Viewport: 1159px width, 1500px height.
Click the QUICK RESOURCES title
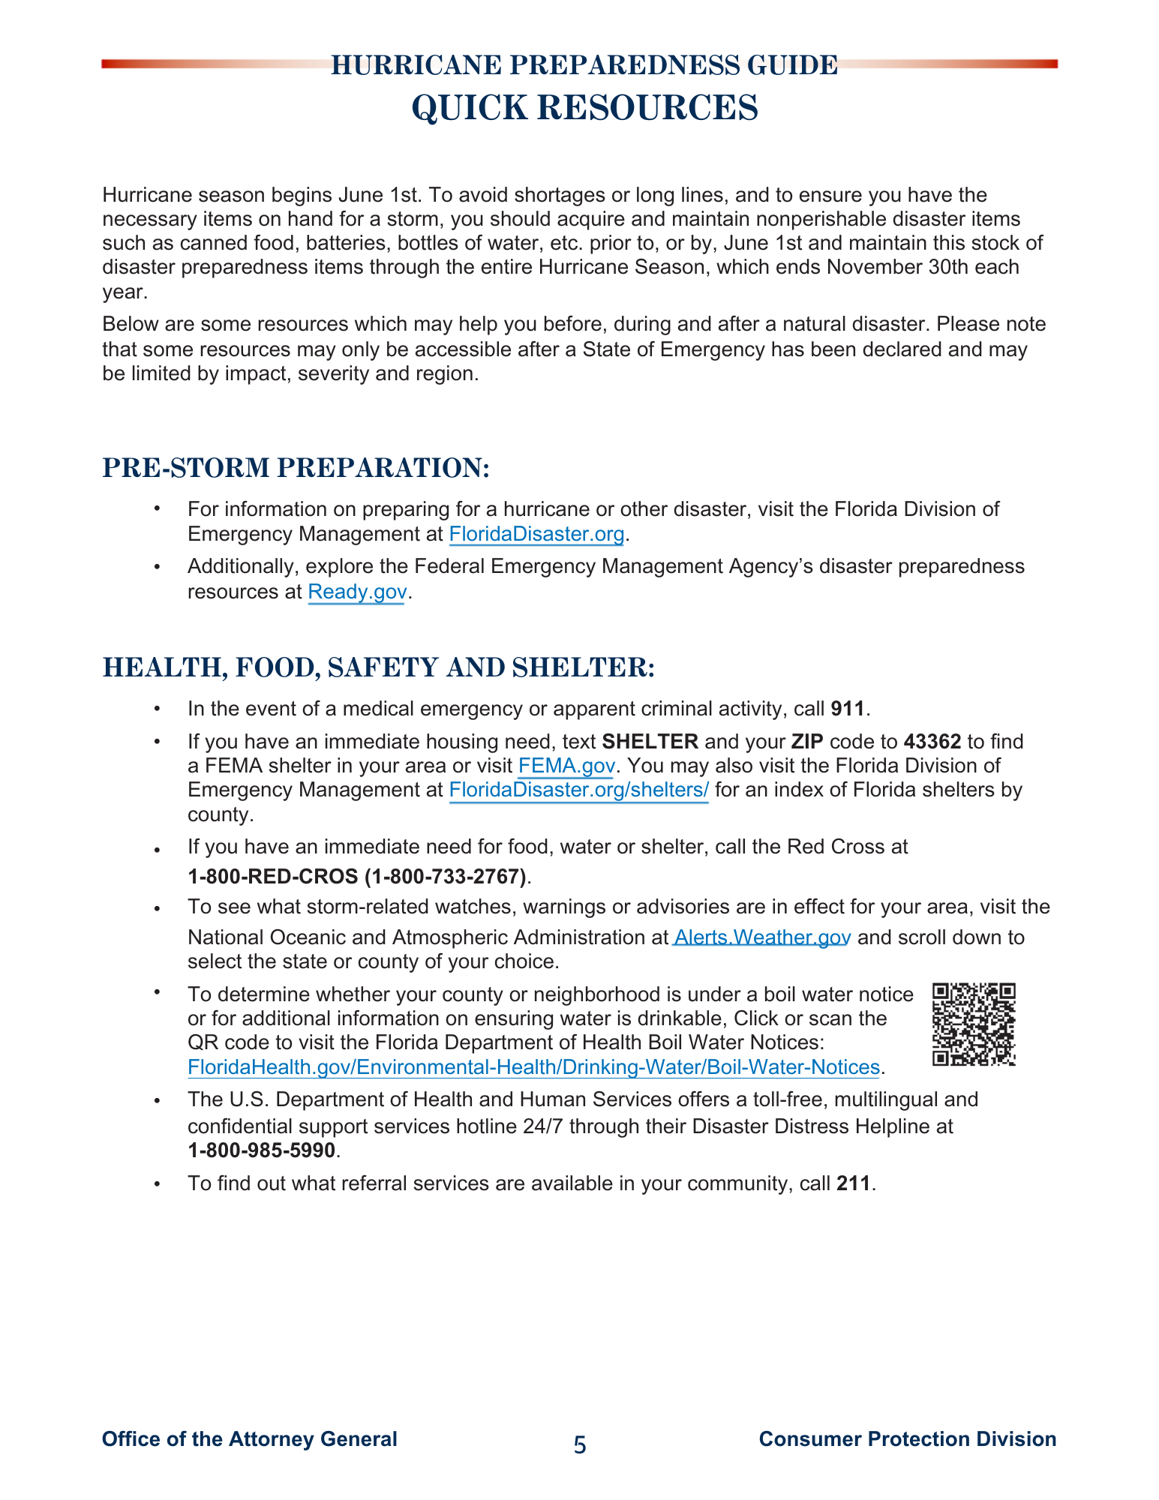(x=584, y=107)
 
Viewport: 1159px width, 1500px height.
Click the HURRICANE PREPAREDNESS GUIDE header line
(x=584, y=66)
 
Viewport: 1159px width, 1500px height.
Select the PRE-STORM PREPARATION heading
(x=296, y=467)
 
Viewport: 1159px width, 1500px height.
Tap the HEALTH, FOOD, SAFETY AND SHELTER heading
(x=378, y=667)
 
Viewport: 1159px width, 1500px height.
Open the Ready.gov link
(x=357, y=592)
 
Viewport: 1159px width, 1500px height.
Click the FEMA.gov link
(x=566, y=766)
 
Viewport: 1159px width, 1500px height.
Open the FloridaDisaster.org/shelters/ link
(x=578, y=790)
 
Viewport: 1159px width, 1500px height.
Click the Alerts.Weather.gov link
(x=762, y=937)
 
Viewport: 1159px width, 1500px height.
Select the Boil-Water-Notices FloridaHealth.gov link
(x=533, y=1067)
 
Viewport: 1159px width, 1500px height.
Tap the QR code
(x=973, y=1024)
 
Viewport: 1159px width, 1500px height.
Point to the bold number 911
(x=848, y=709)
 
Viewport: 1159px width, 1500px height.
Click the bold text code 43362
(x=932, y=742)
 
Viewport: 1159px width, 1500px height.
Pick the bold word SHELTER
(x=650, y=742)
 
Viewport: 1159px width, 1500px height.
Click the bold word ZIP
(x=807, y=742)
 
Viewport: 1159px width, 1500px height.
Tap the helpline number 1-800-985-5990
(x=261, y=1150)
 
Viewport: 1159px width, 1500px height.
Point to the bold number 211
(x=853, y=1183)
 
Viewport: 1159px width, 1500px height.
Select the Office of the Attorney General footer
(x=249, y=1439)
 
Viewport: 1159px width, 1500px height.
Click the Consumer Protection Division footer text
(x=907, y=1439)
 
